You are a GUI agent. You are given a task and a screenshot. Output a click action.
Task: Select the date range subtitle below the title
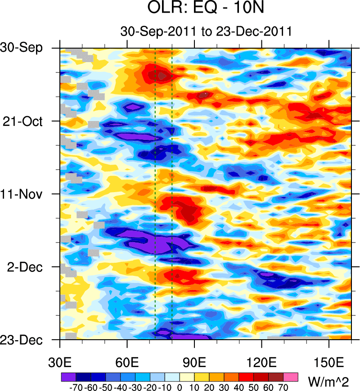(x=207, y=31)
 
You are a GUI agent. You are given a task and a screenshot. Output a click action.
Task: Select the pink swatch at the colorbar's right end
(x=291, y=376)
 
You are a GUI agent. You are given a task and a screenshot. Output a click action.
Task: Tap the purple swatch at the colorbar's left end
(x=68, y=376)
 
